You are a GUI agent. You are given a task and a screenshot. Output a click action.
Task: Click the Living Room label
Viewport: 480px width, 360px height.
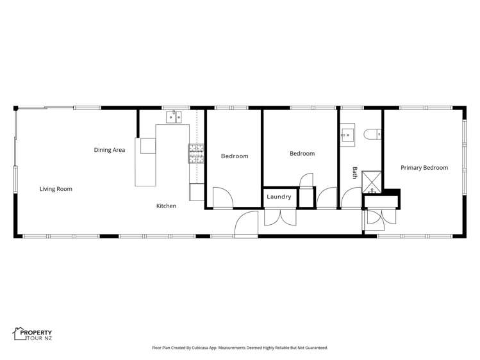56,189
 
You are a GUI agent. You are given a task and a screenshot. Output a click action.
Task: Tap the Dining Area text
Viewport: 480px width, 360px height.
110,150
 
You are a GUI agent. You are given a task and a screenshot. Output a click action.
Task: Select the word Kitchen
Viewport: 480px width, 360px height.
166,206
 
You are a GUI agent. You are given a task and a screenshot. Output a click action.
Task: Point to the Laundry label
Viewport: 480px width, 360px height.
279,197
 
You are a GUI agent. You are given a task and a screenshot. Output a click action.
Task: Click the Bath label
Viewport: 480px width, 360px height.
354,172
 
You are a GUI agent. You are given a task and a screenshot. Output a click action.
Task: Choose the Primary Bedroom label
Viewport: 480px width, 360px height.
424,168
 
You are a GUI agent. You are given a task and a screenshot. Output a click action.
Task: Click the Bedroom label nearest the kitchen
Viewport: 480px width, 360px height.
235,156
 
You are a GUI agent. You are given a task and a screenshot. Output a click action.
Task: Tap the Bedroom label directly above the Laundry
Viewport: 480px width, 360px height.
302,154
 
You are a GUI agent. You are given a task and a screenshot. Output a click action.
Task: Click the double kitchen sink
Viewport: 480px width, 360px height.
174,117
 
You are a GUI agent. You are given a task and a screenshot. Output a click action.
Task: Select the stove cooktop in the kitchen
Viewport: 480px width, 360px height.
195,152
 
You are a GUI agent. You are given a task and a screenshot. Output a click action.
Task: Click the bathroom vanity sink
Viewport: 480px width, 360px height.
348,135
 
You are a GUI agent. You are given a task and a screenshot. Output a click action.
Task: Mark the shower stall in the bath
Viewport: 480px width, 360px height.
371,181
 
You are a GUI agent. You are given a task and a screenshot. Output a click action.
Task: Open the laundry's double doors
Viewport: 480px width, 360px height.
280,217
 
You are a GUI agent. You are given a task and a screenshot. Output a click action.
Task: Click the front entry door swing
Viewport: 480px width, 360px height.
246,225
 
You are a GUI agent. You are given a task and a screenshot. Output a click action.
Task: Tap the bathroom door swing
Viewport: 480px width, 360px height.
351,199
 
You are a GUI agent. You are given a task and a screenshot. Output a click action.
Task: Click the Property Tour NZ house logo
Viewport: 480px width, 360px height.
19,334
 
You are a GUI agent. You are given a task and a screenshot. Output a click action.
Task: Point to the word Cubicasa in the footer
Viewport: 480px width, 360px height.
211,348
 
